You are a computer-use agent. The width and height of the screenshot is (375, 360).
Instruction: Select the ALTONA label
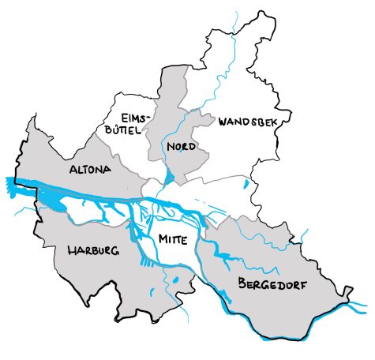91,170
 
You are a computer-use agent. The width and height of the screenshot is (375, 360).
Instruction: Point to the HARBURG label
92,251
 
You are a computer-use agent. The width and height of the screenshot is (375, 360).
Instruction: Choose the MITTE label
173,238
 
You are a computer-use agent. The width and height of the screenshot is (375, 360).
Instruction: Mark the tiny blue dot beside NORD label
180,155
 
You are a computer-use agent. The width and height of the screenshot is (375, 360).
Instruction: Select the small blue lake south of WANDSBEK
246,186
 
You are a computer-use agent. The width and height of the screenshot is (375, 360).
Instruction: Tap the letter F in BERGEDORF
304,284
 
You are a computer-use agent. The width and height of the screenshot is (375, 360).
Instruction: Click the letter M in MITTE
162,238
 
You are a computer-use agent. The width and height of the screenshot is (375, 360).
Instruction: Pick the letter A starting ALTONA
73,170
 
